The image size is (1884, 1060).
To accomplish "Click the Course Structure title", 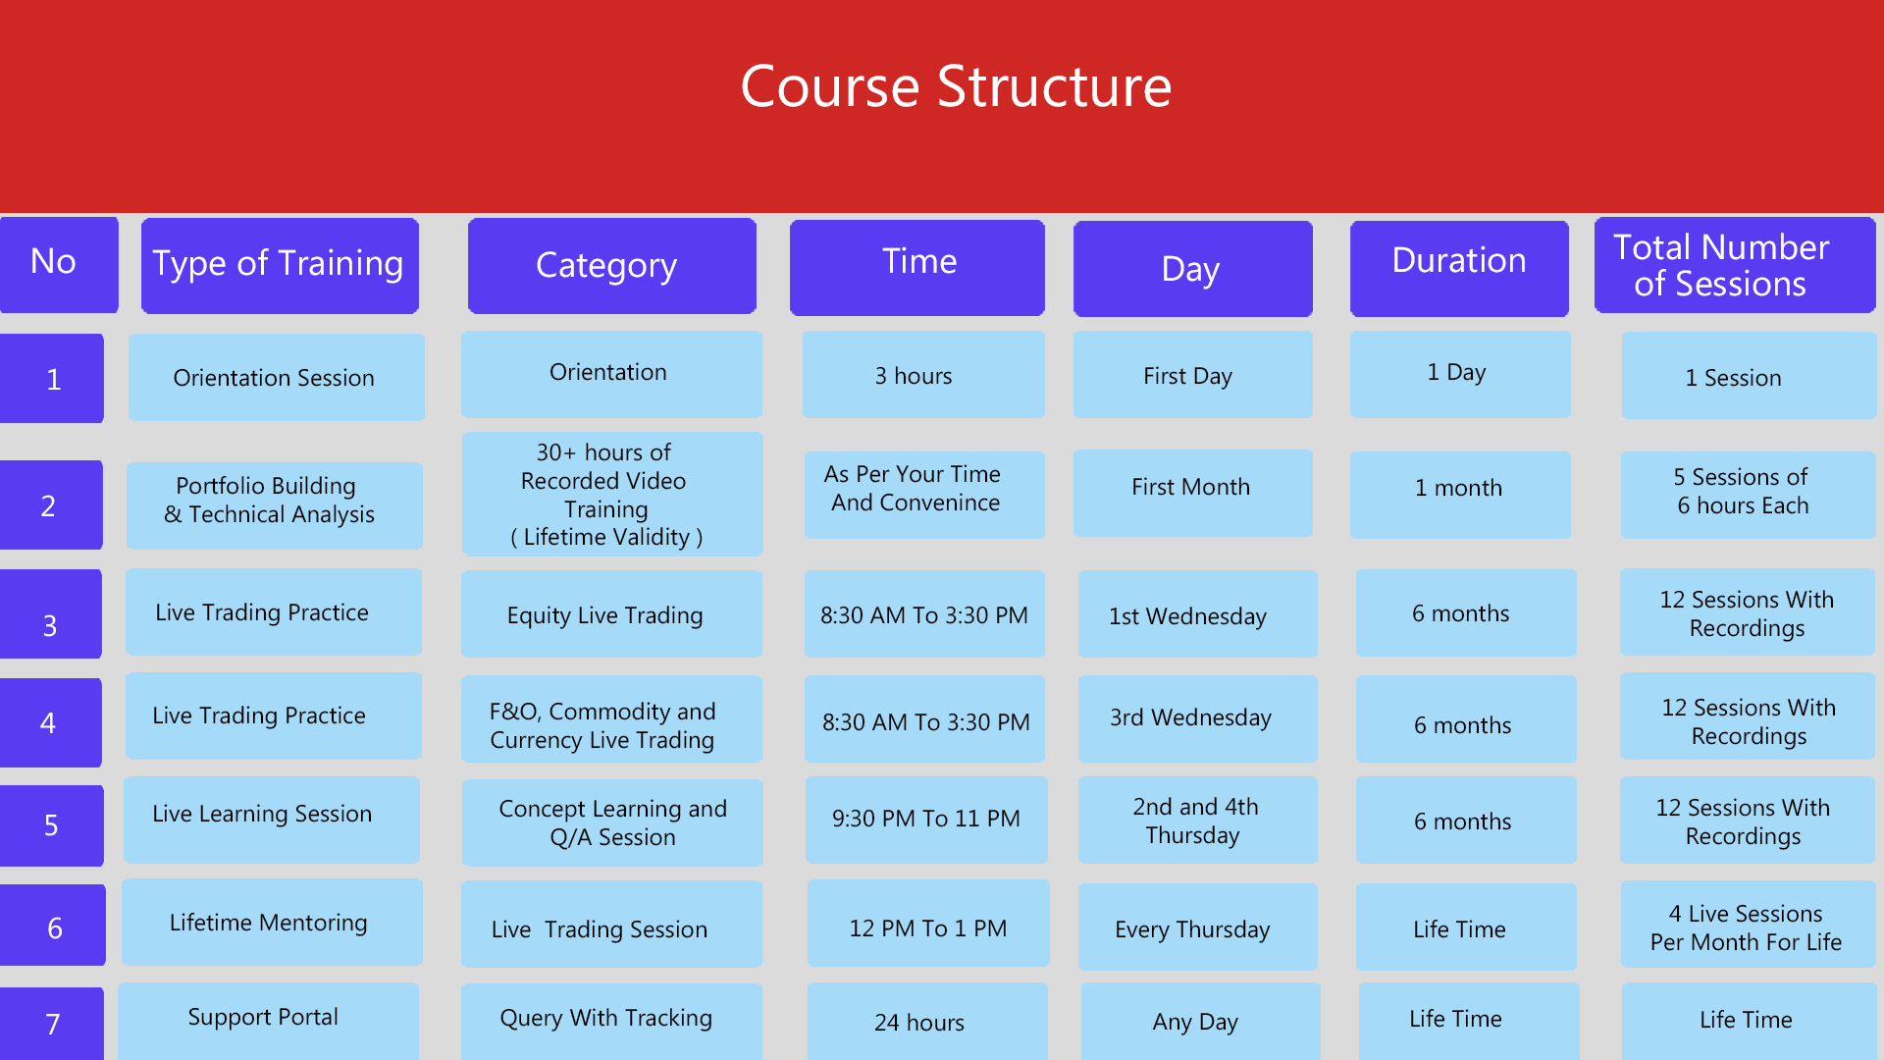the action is (956, 86).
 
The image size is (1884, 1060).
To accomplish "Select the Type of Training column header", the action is (280, 266).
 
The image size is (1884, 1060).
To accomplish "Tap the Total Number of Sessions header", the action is (1735, 265).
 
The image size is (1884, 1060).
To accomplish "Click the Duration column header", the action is (1459, 268).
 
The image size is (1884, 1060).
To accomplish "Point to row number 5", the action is (52, 825).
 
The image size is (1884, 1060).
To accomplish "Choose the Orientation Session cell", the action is (277, 377).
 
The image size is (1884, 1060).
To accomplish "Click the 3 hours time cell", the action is (923, 375).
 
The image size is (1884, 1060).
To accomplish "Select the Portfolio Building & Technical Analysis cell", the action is (275, 505).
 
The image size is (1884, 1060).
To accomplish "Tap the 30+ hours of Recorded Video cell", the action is (612, 494).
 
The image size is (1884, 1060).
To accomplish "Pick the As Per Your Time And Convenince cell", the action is (924, 495).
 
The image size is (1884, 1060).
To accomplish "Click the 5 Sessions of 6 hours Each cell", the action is (1749, 495).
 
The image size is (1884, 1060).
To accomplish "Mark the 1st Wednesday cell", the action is (1198, 613).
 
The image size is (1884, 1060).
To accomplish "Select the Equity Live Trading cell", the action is (611, 613).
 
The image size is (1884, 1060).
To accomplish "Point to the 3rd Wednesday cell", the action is (1198, 718).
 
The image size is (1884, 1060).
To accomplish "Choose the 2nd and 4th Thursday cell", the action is (1198, 821).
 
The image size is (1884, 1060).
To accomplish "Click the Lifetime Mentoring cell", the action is (272, 922).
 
